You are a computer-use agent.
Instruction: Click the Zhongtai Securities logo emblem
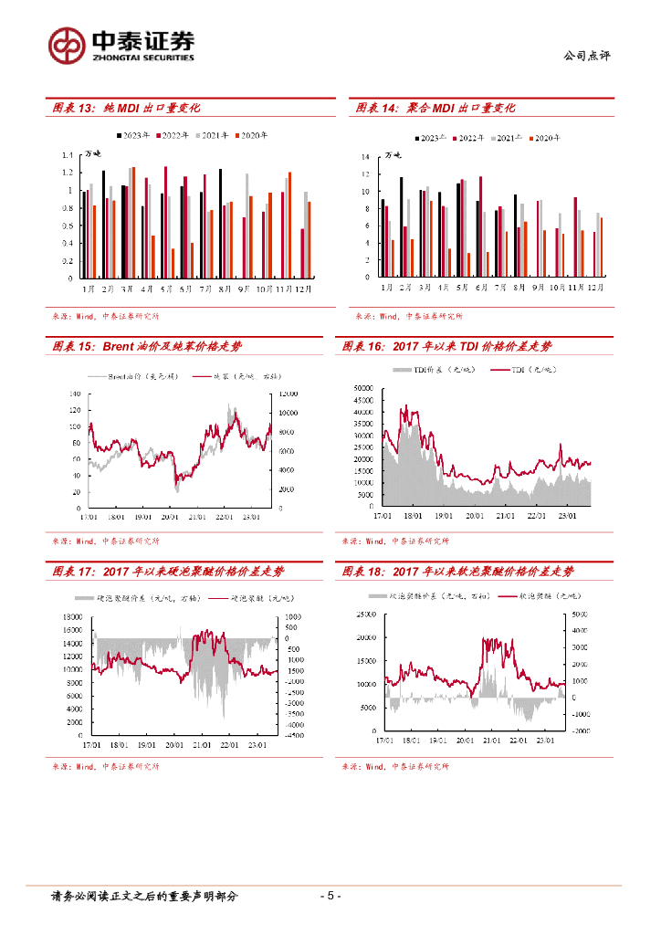pyautogui.click(x=68, y=44)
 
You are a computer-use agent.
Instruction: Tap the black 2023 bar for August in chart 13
pyautogui.click(x=220, y=224)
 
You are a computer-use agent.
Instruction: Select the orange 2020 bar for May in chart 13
pyautogui.click(x=173, y=263)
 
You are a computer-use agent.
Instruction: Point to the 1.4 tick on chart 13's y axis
pyautogui.click(x=67, y=155)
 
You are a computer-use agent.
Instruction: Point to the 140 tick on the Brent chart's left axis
pyautogui.click(x=74, y=394)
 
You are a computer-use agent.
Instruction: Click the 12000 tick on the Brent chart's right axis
pyautogui.click(x=288, y=394)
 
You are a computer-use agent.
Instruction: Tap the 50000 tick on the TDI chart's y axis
pyautogui.click(x=364, y=388)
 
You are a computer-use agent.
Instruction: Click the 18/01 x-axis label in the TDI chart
pyautogui.click(x=413, y=516)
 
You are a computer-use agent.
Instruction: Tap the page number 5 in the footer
pyautogui.click(x=330, y=896)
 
